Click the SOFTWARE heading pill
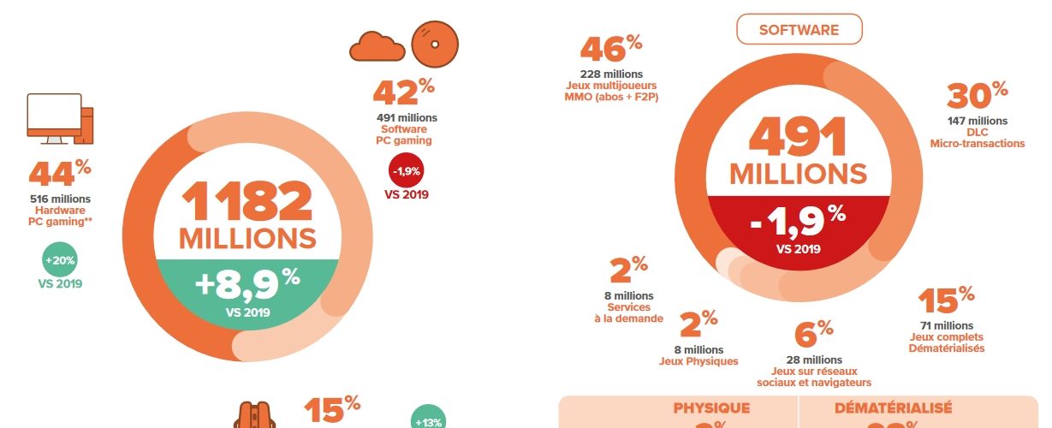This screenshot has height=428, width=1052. point(799,30)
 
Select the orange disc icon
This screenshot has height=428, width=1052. point(435,43)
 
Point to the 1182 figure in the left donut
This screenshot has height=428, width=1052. point(247,202)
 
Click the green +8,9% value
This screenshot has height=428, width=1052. point(247,283)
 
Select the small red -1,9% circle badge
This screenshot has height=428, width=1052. point(407,170)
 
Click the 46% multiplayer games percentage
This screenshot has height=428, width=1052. point(611,50)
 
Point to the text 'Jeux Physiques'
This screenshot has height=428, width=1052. point(698,360)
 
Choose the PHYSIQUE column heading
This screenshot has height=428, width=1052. point(711,408)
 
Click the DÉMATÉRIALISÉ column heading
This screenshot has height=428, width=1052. point(893,408)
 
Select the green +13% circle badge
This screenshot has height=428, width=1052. point(428,421)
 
